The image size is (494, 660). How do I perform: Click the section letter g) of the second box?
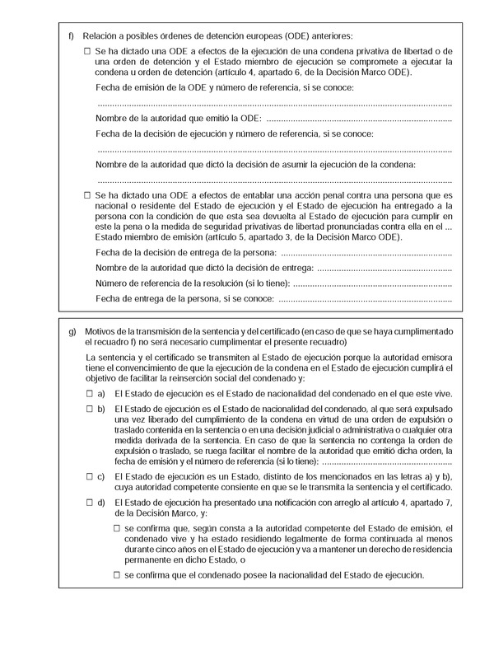[72, 332]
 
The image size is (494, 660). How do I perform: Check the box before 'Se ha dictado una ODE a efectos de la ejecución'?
[88, 52]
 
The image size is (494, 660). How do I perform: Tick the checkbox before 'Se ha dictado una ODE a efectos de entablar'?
[88, 194]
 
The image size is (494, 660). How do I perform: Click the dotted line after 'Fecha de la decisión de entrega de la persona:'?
[367, 252]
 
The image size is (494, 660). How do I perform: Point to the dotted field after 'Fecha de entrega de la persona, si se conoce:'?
[361, 298]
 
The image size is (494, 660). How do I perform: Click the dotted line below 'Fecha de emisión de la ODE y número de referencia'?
[274, 104]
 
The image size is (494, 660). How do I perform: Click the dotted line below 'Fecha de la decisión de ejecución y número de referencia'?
[274, 149]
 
